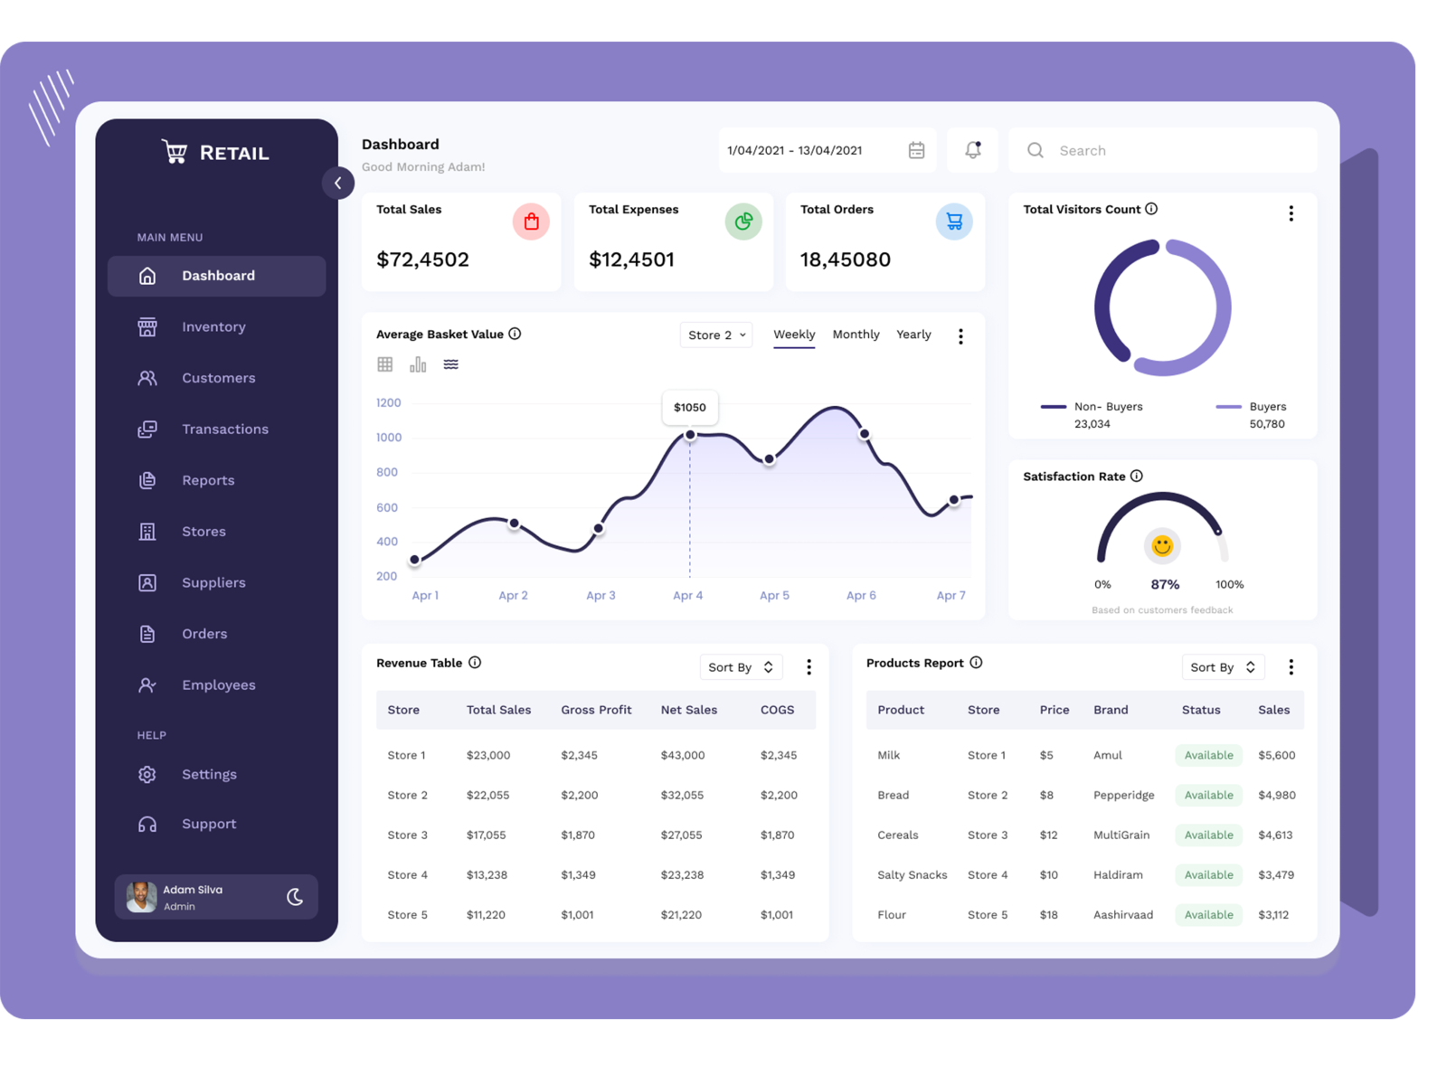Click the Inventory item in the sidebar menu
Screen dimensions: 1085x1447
coord(213,326)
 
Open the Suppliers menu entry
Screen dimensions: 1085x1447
coord(213,582)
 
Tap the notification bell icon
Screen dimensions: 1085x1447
coord(972,150)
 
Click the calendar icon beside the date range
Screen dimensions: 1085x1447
coord(916,150)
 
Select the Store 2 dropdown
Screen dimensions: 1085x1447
coord(715,335)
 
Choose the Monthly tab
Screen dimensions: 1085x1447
coord(856,335)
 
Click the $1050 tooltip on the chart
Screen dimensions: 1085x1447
coord(689,407)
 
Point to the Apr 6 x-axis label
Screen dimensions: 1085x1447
coord(860,595)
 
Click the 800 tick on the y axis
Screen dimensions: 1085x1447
coord(387,472)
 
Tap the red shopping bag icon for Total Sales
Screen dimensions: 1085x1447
coord(531,222)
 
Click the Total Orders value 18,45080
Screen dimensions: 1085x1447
coord(845,259)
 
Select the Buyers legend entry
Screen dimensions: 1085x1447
coord(1266,407)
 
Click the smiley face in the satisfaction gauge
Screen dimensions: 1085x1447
coord(1162,545)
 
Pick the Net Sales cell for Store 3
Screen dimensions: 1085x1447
coord(681,835)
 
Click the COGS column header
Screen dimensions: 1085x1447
coord(777,710)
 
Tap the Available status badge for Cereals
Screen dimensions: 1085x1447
coord(1208,835)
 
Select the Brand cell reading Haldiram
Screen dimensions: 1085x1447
coord(1118,874)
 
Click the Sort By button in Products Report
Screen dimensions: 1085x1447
coord(1222,667)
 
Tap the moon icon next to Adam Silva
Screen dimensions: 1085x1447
coord(295,896)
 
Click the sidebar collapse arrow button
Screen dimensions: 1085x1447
coord(337,183)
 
